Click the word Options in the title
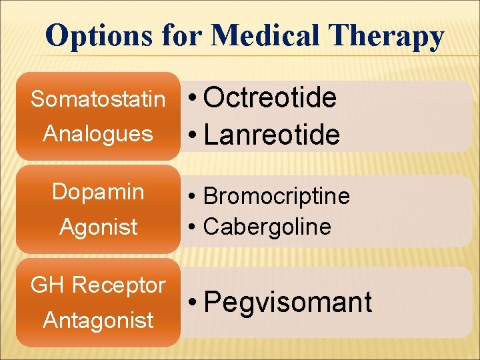tap(99, 36)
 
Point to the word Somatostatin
tap(98, 99)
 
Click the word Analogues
tap(98, 134)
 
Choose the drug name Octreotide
tap(270, 98)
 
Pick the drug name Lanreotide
tap(272, 135)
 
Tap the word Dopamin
tap(98, 192)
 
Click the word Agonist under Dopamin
tap(98, 227)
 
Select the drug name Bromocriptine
tap(276, 197)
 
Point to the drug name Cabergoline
tap(267, 227)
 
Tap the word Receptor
tap(119, 285)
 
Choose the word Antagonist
tap(98, 321)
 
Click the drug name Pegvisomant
tap(287, 303)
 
